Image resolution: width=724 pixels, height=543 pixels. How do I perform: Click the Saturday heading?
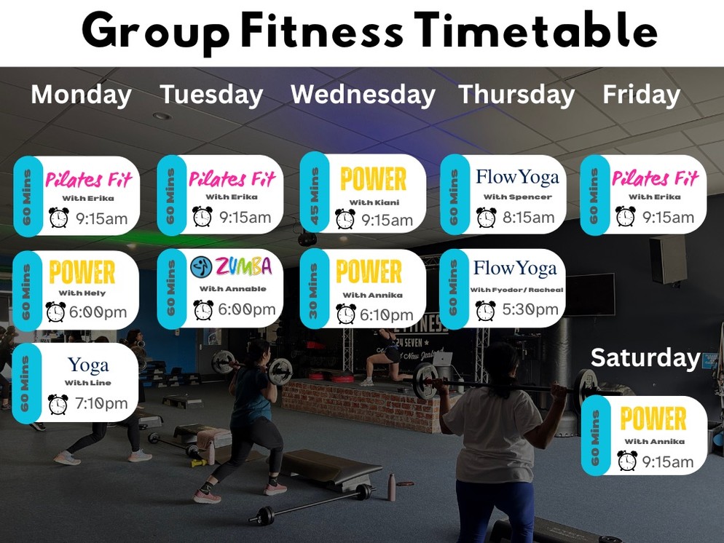pyautogui.click(x=645, y=358)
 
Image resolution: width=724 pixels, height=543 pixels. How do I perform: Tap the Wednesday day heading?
pyautogui.click(x=363, y=95)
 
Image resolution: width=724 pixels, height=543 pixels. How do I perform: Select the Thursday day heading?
pyautogui.click(x=516, y=95)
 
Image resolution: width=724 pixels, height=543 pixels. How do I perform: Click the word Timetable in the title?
pyautogui.click(x=535, y=31)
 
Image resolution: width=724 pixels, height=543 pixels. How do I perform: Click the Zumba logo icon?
pyautogui.click(x=201, y=266)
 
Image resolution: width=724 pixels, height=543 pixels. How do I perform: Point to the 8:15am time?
pyautogui.click(x=528, y=218)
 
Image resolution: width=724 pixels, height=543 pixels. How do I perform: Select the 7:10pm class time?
pyautogui.click(x=101, y=403)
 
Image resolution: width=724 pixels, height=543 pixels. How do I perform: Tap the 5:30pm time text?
pyautogui.click(x=530, y=309)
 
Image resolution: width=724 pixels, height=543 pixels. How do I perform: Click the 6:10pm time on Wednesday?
pyautogui.click(x=386, y=314)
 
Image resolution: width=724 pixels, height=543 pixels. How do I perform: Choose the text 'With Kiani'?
pyautogui.click(x=374, y=202)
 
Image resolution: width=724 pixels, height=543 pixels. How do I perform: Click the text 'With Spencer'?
pyautogui.click(x=517, y=197)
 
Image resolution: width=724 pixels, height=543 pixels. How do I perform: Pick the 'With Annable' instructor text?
pyautogui.click(x=233, y=289)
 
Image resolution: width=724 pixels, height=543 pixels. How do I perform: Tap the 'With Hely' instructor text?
pyautogui.click(x=82, y=293)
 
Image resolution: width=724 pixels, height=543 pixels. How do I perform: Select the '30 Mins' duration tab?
pyautogui.click(x=314, y=290)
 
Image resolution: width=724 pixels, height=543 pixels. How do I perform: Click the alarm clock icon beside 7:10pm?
pyautogui.click(x=58, y=404)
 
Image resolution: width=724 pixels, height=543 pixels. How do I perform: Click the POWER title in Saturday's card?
pyautogui.click(x=653, y=419)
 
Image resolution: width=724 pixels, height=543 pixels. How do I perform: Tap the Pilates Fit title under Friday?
pyautogui.click(x=656, y=178)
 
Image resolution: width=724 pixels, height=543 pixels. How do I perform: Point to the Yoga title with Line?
pyautogui.click(x=88, y=365)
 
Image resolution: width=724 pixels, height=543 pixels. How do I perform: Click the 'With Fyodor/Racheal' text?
pyautogui.click(x=516, y=290)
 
